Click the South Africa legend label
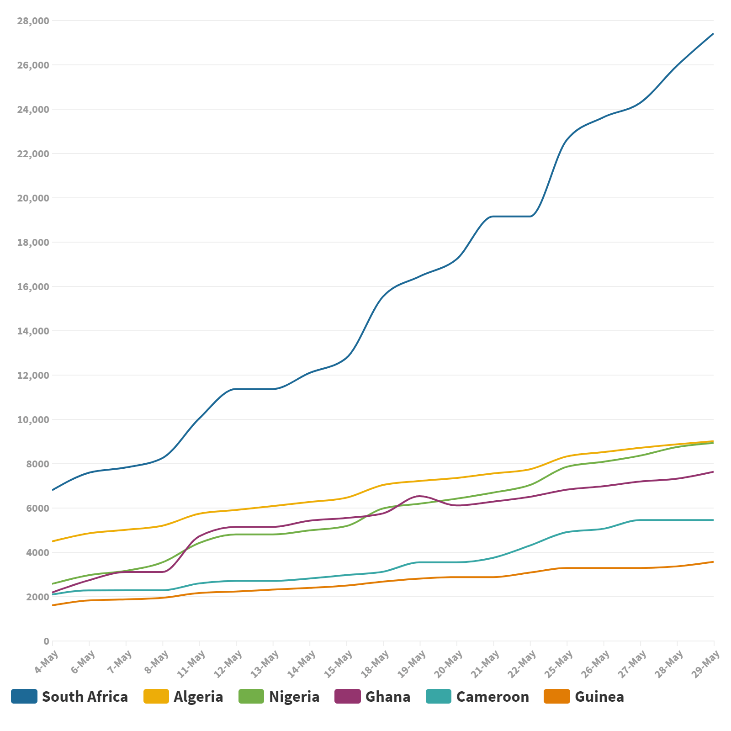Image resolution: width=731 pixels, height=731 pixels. click(85, 697)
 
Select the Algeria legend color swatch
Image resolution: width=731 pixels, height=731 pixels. click(156, 696)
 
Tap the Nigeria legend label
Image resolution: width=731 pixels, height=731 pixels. click(294, 697)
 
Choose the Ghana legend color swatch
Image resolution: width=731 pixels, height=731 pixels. click(348, 696)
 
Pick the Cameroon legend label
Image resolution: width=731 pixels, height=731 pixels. click(493, 697)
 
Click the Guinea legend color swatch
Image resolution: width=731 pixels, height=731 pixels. click(557, 696)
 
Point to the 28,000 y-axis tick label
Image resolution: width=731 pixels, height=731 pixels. click(33, 21)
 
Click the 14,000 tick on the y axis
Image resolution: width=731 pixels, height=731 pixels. click(33, 331)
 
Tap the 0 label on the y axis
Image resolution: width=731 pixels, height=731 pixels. click(46, 641)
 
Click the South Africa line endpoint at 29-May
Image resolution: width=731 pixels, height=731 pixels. click(713, 34)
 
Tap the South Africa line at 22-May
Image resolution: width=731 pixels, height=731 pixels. click(530, 216)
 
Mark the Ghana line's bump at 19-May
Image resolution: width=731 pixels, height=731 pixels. click(420, 496)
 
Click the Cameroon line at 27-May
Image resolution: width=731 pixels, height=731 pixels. click(640, 520)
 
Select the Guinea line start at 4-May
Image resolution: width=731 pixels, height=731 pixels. click(53, 605)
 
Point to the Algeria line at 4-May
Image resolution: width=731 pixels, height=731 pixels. click(53, 541)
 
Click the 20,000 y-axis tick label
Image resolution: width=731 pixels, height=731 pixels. click(33, 198)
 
